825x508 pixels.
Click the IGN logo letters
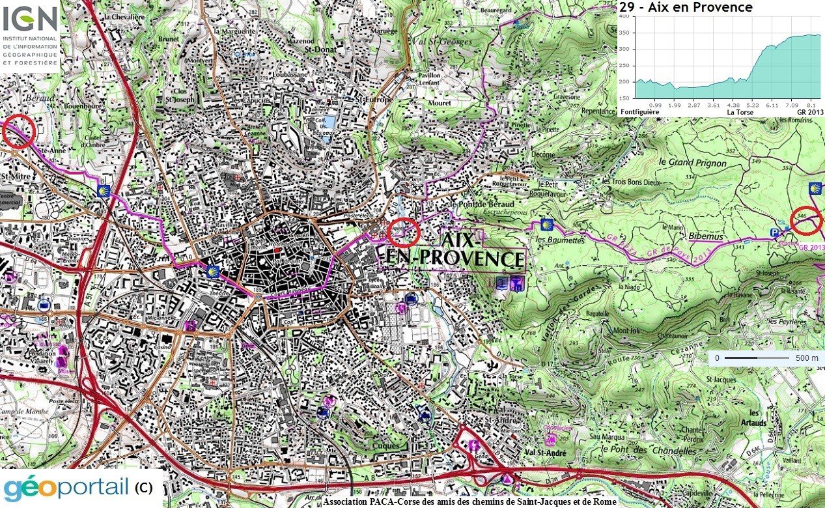click(30, 18)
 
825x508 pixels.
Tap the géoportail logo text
click(65, 487)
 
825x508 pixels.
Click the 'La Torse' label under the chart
click(739, 112)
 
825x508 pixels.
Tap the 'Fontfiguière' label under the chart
click(639, 112)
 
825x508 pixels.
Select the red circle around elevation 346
click(807, 220)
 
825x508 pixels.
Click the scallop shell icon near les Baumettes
click(547, 225)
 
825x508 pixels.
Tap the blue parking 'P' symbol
click(775, 232)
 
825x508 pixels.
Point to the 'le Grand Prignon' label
click(684, 161)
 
